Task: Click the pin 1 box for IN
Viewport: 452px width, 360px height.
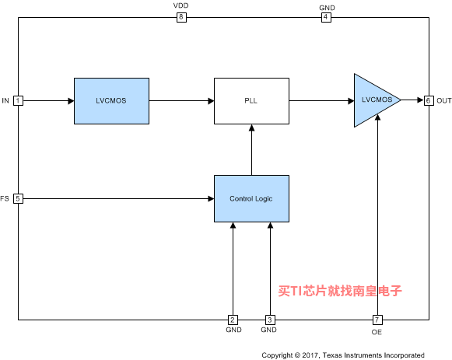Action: pos(18,101)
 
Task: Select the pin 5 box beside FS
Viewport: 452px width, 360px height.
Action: pos(18,199)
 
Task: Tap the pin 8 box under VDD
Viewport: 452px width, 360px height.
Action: pos(181,17)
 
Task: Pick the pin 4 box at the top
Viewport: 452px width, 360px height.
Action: pos(326,17)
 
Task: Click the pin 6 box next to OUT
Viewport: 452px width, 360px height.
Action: pos(429,100)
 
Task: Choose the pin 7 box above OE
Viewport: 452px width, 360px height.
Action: pos(377,320)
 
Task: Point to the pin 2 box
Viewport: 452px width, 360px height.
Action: pos(233,320)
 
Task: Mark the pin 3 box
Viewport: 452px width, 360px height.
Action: pos(270,320)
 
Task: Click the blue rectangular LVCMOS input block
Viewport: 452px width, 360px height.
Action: pos(111,101)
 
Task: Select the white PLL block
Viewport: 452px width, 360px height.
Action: pos(251,101)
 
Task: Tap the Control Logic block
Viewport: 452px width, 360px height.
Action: pos(251,199)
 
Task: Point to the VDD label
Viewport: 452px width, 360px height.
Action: pos(180,5)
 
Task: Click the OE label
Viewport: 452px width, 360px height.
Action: pos(377,332)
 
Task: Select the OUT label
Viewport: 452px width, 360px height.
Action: pos(444,100)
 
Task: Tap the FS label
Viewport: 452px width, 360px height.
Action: pos(5,198)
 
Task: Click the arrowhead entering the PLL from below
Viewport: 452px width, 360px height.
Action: pos(251,128)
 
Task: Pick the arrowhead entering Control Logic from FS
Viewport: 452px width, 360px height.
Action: pos(211,199)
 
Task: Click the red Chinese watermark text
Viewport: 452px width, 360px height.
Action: pos(340,291)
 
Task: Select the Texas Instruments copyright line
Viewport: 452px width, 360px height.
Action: pos(343,355)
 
